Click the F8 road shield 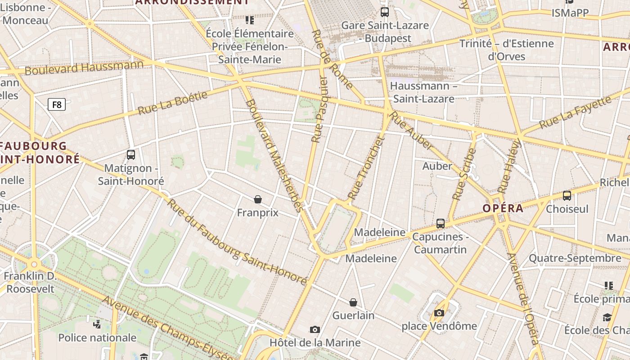[57, 105]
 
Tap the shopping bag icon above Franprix [258, 199]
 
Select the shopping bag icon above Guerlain [353, 302]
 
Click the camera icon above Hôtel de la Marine [315, 329]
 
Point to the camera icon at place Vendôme [439, 313]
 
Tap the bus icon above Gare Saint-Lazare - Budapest [384, 12]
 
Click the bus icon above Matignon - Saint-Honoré [131, 155]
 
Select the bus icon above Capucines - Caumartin [441, 223]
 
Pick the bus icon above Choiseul [567, 195]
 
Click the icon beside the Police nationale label [97, 324]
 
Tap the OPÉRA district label [503, 208]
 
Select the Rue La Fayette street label [576, 112]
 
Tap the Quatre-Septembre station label [575, 258]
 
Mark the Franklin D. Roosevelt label [30, 282]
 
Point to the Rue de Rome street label [332, 59]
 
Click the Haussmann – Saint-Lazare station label [423, 92]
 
